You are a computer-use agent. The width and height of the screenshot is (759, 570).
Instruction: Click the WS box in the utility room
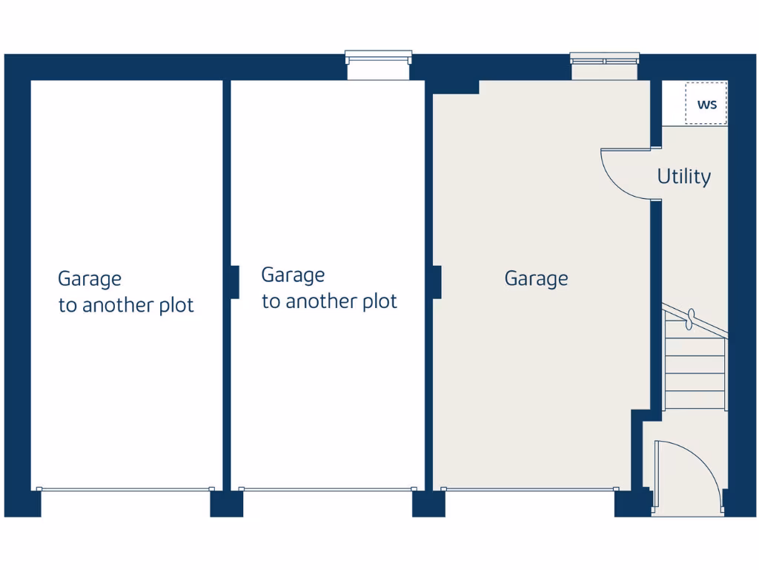tap(706, 103)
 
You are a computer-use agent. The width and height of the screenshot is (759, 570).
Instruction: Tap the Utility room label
tap(683, 177)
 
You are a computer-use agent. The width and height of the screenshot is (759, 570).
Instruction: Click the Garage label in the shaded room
tap(536, 278)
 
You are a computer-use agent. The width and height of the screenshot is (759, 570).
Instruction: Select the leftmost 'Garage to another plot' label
tap(125, 292)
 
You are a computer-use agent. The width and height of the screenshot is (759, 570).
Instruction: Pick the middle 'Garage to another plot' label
tap(329, 288)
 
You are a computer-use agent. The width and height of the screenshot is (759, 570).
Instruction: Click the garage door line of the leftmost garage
tap(125, 488)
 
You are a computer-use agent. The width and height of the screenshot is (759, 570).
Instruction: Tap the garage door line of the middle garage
tap(328, 488)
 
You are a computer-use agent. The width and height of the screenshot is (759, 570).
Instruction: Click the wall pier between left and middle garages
tap(233, 282)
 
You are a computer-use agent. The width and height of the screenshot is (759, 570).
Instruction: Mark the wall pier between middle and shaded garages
tap(437, 282)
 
